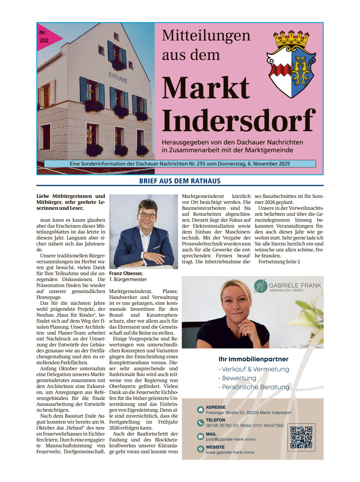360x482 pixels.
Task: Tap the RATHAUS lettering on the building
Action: click(x=118, y=77)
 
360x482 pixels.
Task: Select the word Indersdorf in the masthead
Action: click(x=238, y=121)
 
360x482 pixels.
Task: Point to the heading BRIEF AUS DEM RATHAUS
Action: click(x=180, y=181)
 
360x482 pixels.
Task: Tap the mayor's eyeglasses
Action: click(x=147, y=215)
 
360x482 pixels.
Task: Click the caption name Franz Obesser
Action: click(x=126, y=273)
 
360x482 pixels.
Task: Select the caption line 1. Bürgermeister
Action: click(x=128, y=279)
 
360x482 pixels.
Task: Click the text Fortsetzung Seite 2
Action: click(x=279, y=261)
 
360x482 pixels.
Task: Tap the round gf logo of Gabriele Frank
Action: click(x=261, y=285)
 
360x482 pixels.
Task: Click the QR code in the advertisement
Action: click(x=301, y=437)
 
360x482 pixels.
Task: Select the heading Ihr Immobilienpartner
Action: click(x=253, y=359)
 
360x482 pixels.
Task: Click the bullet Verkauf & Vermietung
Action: click(x=255, y=369)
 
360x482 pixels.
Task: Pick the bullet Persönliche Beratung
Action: click(x=255, y=387)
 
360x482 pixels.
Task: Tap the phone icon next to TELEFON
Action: click(x=200, y=423)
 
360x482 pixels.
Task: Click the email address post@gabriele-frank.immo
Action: click(x=230, y=439)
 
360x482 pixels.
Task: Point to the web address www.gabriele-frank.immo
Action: click(x=230, y=452)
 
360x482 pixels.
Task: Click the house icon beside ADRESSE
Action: click(x=200, y=409)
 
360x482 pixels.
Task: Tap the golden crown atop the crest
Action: click(x=291, y=39)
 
